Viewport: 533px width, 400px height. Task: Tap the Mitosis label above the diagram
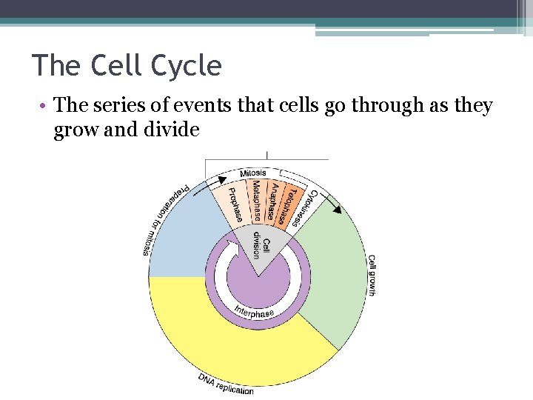[252, 173]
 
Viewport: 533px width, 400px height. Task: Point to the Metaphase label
[256, 200]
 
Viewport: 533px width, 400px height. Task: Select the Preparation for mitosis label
[164, 218]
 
